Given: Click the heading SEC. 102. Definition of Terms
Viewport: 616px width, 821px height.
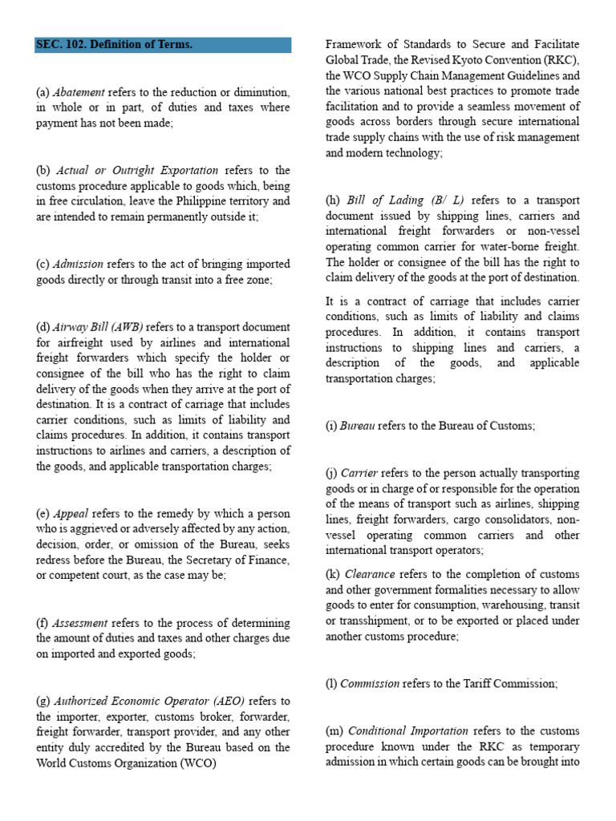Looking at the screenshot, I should click(x=115, y=45).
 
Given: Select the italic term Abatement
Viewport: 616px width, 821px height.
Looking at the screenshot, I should click(x=79, y=93).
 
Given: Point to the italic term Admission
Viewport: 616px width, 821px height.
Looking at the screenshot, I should click(x=79, y=264).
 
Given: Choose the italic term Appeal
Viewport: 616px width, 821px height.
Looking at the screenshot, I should click(x=71, y=513).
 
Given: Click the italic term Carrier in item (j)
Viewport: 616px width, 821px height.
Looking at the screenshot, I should click(x=359, y=473).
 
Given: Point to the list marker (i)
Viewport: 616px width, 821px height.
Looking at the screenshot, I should click(x=331, y=427).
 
